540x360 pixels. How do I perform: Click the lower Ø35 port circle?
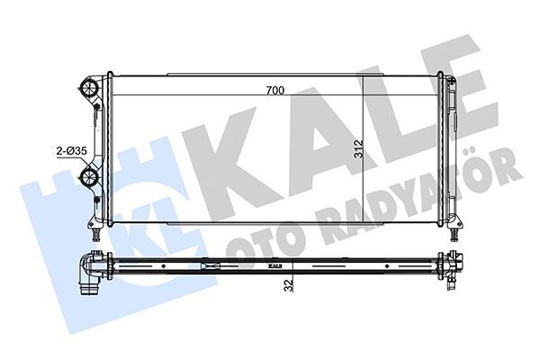[89, 176]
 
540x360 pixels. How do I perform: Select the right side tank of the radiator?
[445, 148]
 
